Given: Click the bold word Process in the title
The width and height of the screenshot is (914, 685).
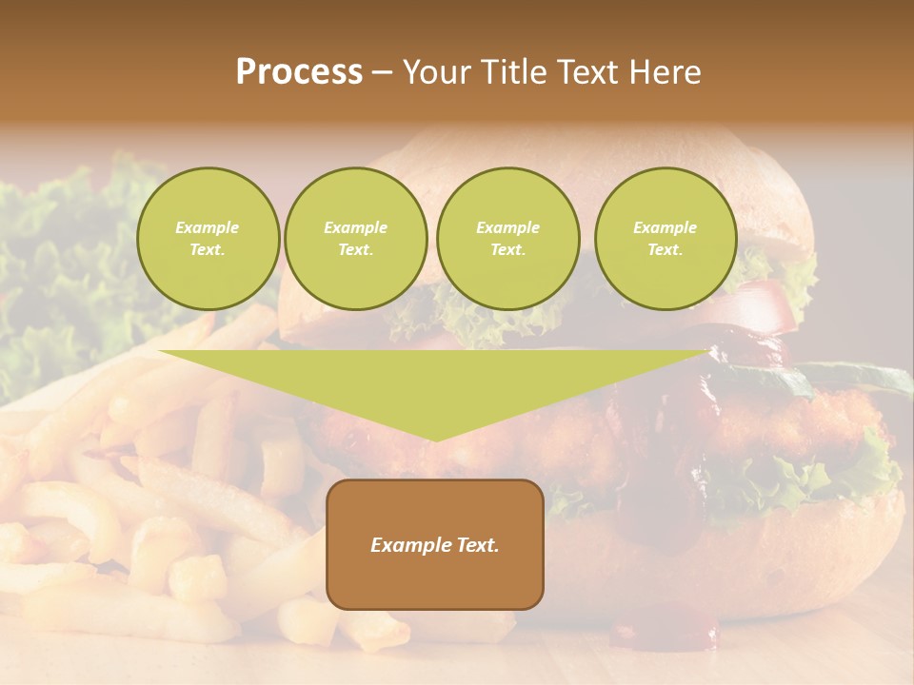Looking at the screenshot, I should [299, 72].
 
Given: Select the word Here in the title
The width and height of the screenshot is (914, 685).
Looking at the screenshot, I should [665, 72].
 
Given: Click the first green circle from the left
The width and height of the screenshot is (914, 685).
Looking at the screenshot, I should [208, 238].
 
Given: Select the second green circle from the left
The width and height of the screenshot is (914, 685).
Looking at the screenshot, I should [356, 238].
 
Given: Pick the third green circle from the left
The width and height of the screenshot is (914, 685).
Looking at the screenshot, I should [507, 238].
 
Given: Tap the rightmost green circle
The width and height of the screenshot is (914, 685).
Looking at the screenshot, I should [666, 238].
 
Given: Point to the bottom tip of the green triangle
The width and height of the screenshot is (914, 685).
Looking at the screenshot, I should [435, 439].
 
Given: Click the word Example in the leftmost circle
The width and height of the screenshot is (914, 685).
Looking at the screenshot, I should [208, 227].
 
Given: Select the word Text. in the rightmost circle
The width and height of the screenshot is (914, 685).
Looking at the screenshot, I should [666, 249].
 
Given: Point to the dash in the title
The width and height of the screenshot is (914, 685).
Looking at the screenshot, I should [382, 72].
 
